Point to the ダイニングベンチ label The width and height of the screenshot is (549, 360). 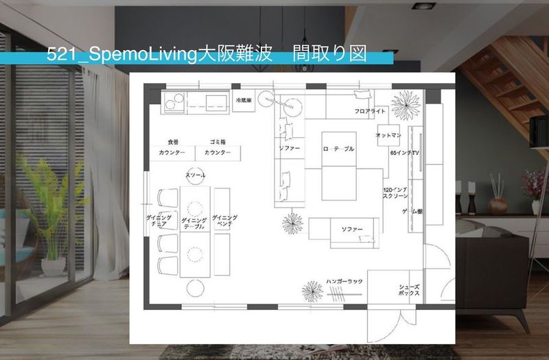coord(224,220)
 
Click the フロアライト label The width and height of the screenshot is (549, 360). coord(371,110)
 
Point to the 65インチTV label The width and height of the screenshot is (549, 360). coord(404,152)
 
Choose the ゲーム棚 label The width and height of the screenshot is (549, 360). coord(412,212)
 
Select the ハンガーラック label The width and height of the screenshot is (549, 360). coord(344,280)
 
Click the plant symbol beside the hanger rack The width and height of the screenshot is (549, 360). coord(313,291)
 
